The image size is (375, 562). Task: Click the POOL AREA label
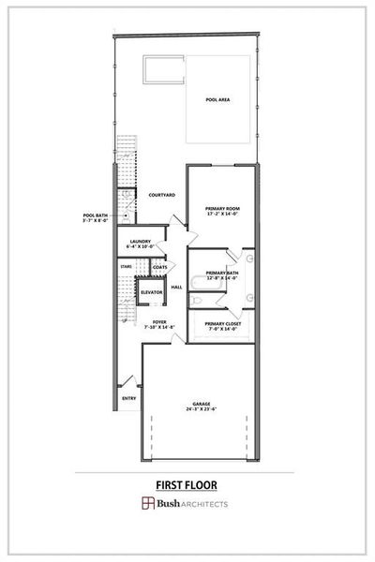click(x=219, y=98)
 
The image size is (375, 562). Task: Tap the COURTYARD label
click(x=161, y=195)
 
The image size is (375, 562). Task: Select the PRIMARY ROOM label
click(x=223, y=208)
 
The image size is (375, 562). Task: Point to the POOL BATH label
click(x=97, y=214)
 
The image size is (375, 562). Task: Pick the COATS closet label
click(x=160, y=267)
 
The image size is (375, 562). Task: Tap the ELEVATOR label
click(x=151, y=292)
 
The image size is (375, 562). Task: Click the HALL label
click(x=176, y=287)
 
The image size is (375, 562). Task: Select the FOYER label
click(x=159, y=321)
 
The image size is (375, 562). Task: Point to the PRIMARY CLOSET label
click(x=223, y=323)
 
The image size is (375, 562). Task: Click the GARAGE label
click(x=202, y=404)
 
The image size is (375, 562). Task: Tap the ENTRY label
click(x=128, y=398)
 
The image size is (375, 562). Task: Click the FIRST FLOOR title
click(x=187, y=484)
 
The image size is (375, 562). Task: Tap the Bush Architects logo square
click(x=148, y=504)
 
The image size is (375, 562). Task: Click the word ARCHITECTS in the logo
click(x=205, y=504)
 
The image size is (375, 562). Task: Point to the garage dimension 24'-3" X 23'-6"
click(x=202, y=409)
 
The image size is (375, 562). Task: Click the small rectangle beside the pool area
click(x=163, y=67)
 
